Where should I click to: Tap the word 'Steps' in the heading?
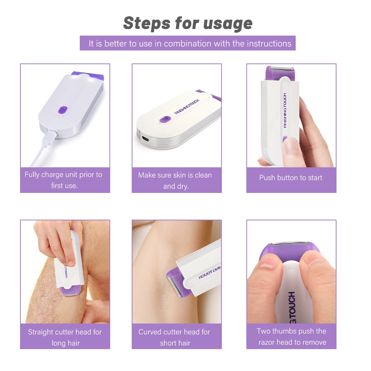pos(147,23)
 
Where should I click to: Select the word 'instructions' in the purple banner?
pos(269,43)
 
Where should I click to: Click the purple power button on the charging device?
pos(63,110)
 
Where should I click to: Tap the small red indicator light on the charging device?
pos(59,116)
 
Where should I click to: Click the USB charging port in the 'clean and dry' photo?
pos(145,138)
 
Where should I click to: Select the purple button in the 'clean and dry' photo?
pos(165,119)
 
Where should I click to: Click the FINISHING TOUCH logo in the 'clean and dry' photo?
pos(187,107)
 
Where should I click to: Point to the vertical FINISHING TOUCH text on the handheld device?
pos(285,111)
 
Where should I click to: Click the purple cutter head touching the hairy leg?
pos(70,291)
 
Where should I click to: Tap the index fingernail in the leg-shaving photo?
pos(70,263)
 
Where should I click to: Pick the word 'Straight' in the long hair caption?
pos(41,332)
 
